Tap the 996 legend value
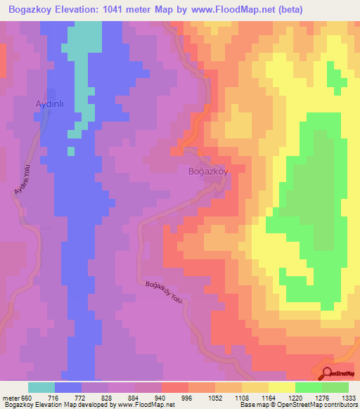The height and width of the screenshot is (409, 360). (x=188, y=397)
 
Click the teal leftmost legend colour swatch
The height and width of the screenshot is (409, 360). (x=41, y=387)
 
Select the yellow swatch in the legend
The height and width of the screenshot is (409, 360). (x=281, y=387)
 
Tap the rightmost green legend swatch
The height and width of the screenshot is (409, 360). (x=335, y=387)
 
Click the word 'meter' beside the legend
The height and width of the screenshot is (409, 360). (x=11, y=397)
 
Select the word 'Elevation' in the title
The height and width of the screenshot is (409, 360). (x=84, y=9)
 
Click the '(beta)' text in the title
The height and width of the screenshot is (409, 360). (x=340, y=9)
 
